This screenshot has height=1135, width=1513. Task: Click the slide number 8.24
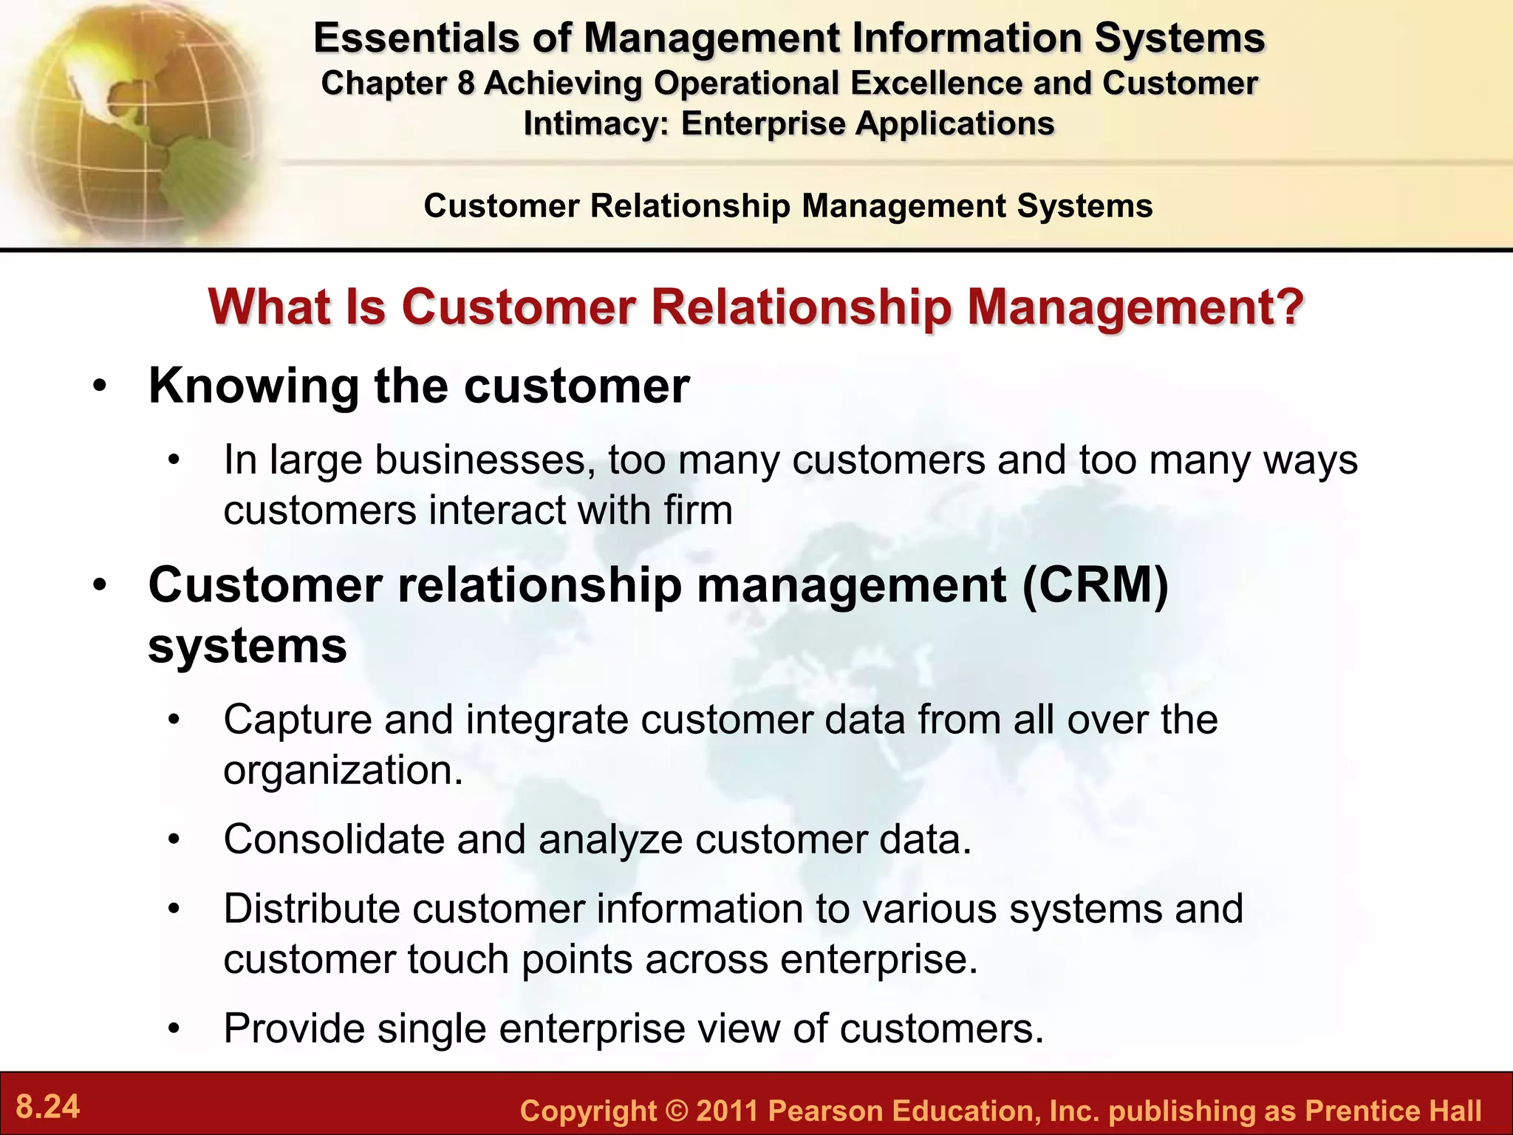48,1107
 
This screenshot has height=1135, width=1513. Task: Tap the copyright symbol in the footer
676,1111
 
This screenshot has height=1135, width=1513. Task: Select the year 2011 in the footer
727,1111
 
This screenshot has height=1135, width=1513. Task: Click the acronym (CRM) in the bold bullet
1096,584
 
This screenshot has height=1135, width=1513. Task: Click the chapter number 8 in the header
465,83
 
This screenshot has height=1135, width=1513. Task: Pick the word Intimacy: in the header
595,123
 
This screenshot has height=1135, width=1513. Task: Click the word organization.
343,770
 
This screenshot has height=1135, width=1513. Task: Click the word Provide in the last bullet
294,1028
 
